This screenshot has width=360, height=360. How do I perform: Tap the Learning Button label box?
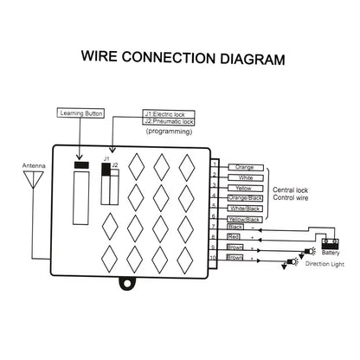click(x=80, y=112)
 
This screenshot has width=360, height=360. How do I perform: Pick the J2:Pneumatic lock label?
click(x=170, y=121)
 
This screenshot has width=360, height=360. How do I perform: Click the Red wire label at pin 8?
click(x=235, y=236)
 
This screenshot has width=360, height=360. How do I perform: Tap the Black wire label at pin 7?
click(x=235, y=227)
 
